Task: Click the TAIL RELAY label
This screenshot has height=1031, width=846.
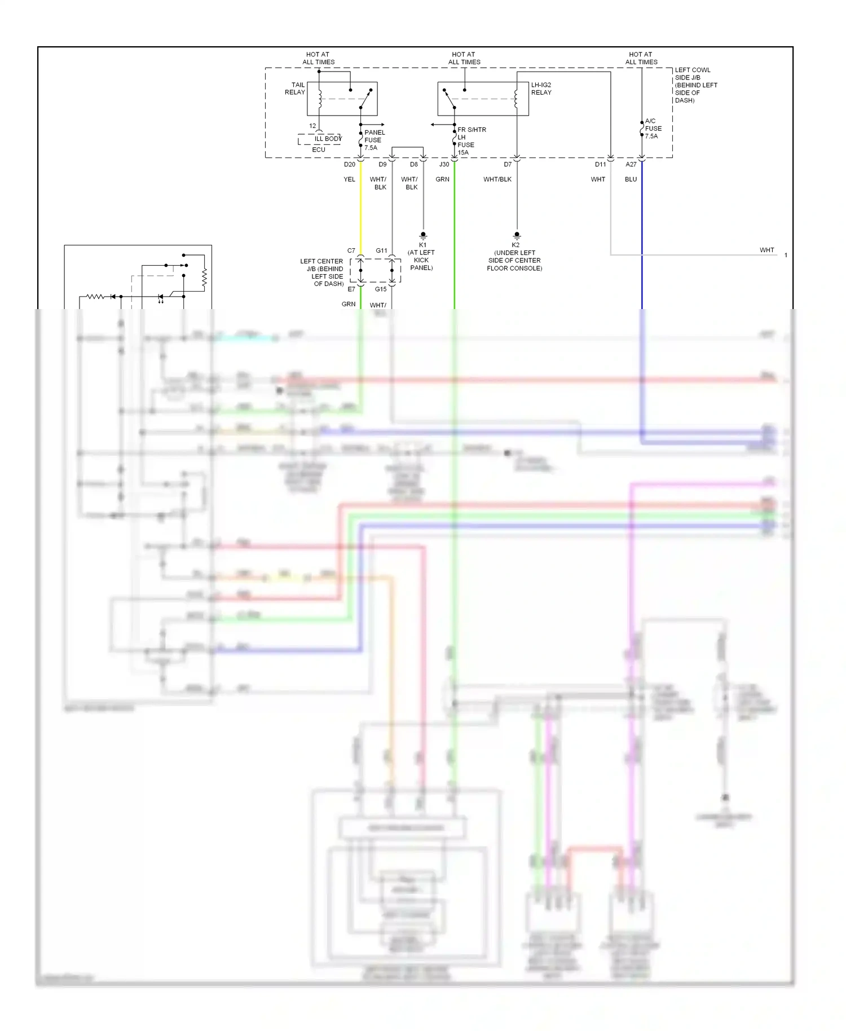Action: pyautogui.click(x=295, y=89)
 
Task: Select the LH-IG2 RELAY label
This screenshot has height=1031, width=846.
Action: pyautogui.click(x=541, y=89)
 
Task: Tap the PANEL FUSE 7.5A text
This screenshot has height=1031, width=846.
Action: pyautogui.click(x=374, y=140)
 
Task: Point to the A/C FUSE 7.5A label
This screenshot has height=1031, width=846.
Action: pyautogui.click(x=653, y=129)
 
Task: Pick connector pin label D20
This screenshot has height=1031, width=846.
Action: pyautogui.click(x=350, y=165)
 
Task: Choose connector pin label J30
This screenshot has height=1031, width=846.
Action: pyautogui.click(x=444, y=165)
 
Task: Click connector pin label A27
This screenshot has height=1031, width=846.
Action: pyautogui.click(x=631, y=165)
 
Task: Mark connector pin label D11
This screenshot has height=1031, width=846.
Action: pyautogui.click(x=600, y=165)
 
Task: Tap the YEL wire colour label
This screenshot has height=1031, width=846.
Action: pyautogui.click(x=349, y=179)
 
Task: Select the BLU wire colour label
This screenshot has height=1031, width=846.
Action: pyautogui.click(x=631, y=179)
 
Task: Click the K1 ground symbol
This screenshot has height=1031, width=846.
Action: pyautogui.click(x=423, y=236)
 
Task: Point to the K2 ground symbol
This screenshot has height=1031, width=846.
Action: pyautogui.click(x=517, y=236)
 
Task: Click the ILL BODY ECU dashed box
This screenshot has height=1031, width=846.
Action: pyautogui.click(x=319, y=140)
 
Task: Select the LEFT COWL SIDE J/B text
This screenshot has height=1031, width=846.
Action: pyautogui.click(x=695, y=85)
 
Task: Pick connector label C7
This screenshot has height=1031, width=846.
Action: pyautogui.click(x=351, y=250)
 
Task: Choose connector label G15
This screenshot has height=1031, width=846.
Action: pyautogui.click(x=381, y=289)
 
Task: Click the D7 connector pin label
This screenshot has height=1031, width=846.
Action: pyautogui.click(x=508, y=165)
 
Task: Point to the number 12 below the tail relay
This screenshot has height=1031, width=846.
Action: pyautogui.click(x=312, y=126)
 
